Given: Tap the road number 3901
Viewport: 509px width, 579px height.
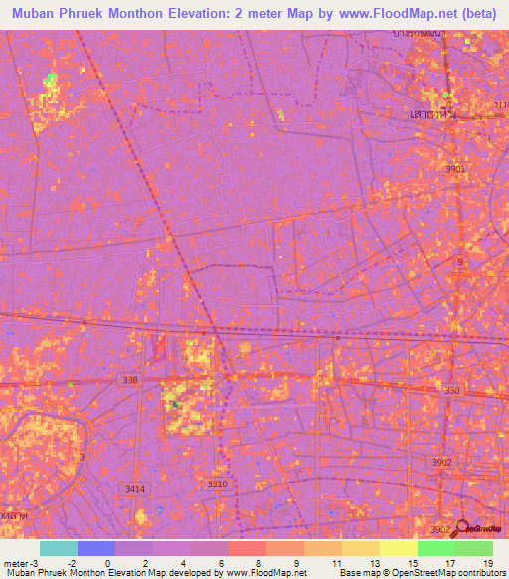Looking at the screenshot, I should pyautogui.click(x=455, y=170).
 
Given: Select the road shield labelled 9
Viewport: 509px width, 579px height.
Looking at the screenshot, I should pyautogui.click(x=459, y=261).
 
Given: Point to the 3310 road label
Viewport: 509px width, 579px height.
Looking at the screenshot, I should pyautogui.click(x=216, y=483).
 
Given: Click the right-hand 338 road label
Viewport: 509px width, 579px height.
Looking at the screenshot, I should pyautogui.click(x=452, y=391).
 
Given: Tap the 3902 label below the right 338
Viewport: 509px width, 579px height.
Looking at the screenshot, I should pyautogui.click(x=441, y=462).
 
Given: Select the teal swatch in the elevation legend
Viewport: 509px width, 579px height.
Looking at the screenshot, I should pyautogui.click(x=59, y=548).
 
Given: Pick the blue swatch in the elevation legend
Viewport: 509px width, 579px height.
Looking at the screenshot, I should pyautogui.click(x=96, y=548).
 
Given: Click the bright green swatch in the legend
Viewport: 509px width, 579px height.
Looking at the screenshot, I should pyautogui.click(x=435, y=548).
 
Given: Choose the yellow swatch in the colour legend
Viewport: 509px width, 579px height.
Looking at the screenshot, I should pyautogui.click(x=398, y=548).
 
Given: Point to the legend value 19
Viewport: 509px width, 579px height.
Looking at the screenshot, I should pyautogui.click(x=487, y=563).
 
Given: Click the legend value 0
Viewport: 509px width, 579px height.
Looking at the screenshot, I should pyautogui.click(x=107, y=563).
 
